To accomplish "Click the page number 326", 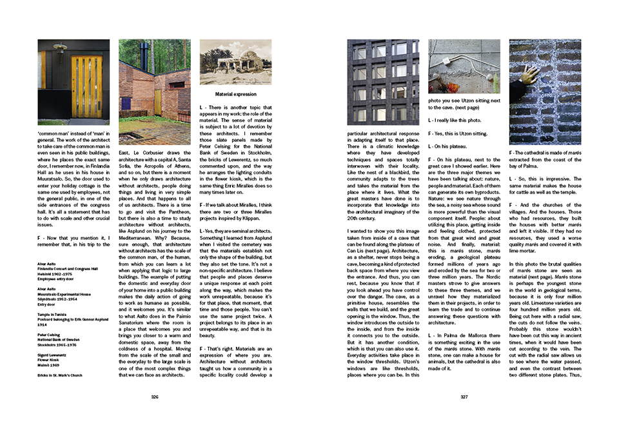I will pos(155,397).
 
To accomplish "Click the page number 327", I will pos(464,397).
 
